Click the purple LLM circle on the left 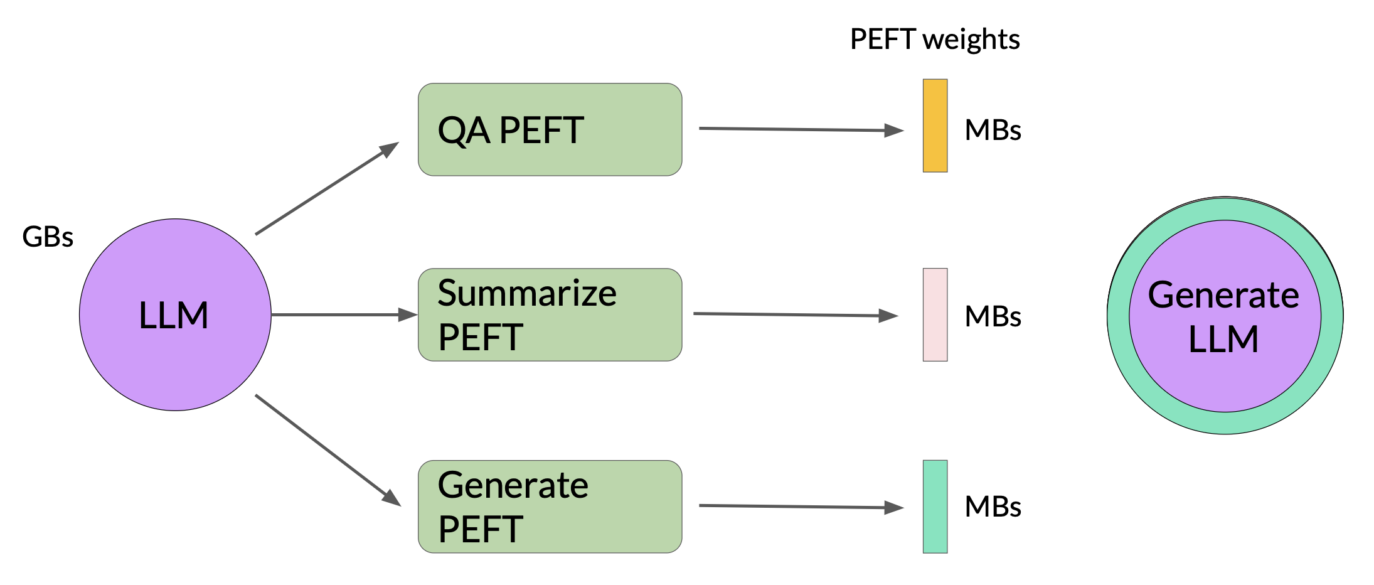pyautogui.click(x=175, y=314)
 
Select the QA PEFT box pyautogui.click(x=550, y=129)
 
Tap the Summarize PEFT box pyautogui.click(x=550, y=314)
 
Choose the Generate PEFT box pyautogui.click(x=550, y=507)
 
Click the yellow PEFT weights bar pyautogui.click(x=935, y=126)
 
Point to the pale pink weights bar pyautogui.click(x=935, y=314)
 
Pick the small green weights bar pyautogui.click(x=935, y=507)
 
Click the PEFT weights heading pyautogui.click(x=935, y=40)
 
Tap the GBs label pyautogui.click(x=48, y=237)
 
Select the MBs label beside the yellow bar pyautogui.click(x=993, y=131)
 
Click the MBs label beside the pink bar pyautogui.click(x=993, y=316)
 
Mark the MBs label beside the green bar pyautogui.click(x=993, y=507)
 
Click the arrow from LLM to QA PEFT pyautogui.click(x=328, y=188)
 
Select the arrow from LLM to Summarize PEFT pyautogui.click(x=344, y=314)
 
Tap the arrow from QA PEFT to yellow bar pyautogui.click(x=801, y=129)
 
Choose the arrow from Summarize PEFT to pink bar pyautogui.click(x=796, y=314)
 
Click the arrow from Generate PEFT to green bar pyautogui.click(x=801, y=507)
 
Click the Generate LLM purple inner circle pyautogui.click(x=1225, y=316)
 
